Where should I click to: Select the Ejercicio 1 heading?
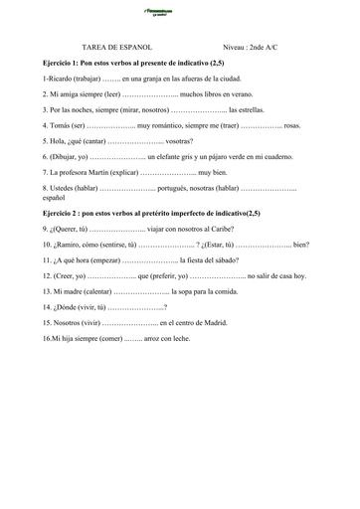pyautogui.click(x=138, y=62)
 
